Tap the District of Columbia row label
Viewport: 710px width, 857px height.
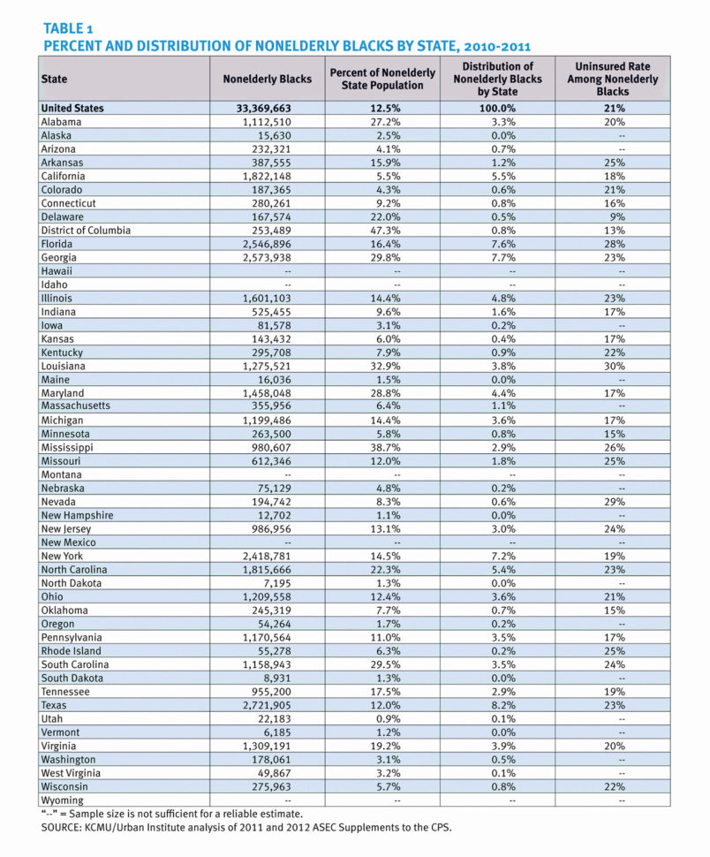(x=86, y=231)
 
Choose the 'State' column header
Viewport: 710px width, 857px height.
(x=54, y=79)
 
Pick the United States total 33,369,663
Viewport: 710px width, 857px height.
(x=267, y=108)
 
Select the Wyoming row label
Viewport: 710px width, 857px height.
(x=63, y=800)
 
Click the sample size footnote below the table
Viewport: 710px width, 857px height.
(x=171, y=814)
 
